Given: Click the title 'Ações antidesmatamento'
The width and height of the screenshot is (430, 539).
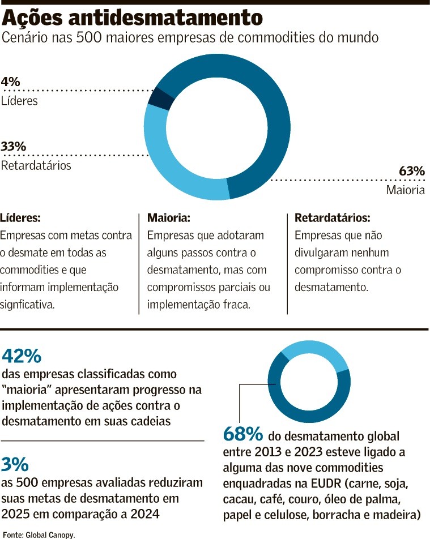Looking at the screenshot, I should click(133, 18).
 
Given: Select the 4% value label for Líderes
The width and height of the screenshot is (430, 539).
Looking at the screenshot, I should click(10, 82).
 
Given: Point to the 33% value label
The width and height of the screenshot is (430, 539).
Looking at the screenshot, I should click(14, 146).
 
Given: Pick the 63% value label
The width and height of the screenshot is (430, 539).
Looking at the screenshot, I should click(411, 171).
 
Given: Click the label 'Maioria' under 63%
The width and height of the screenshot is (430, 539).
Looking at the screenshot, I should click(405, 190).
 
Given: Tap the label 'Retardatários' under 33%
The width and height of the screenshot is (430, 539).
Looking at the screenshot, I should click(36, 165).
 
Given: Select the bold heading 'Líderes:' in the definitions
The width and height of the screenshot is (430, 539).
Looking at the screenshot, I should click(20, 218).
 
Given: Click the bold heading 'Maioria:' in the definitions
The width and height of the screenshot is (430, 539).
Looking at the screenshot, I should click(168, 218).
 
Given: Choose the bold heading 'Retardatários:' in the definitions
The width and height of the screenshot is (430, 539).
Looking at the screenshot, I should click(332, 218).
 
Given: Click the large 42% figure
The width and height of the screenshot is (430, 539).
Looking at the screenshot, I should click(22, 357).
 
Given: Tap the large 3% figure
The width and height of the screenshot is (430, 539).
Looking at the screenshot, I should click(15, 465).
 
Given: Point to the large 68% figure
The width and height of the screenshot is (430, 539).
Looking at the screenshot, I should click(243, 435).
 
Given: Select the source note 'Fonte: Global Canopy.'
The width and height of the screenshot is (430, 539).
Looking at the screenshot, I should click(39, 534).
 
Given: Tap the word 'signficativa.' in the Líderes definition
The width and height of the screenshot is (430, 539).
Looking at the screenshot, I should click(27, 305).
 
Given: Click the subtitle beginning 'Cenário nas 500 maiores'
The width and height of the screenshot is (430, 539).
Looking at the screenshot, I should click(190, 38).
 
